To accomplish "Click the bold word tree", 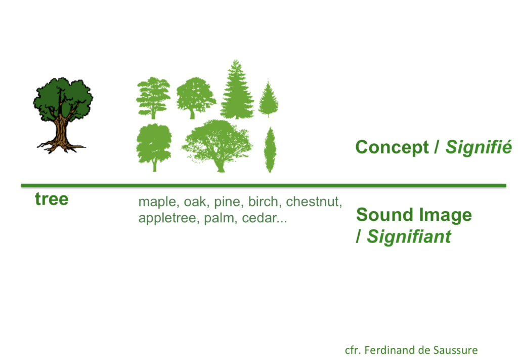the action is [x=52, y=199].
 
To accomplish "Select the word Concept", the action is [x=392, y=147].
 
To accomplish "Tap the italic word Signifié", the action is [x=479, y=147].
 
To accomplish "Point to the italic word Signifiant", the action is [x=409, y=236].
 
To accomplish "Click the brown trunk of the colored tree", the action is [x=61, y=132].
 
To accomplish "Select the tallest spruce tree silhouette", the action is [x=237, y=89].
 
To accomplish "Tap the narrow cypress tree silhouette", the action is [x=270, y=149].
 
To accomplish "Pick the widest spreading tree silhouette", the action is [x=217, y=146].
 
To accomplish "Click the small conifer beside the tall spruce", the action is [x=268, y=99].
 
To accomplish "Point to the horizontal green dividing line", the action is [x=263, y=185].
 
